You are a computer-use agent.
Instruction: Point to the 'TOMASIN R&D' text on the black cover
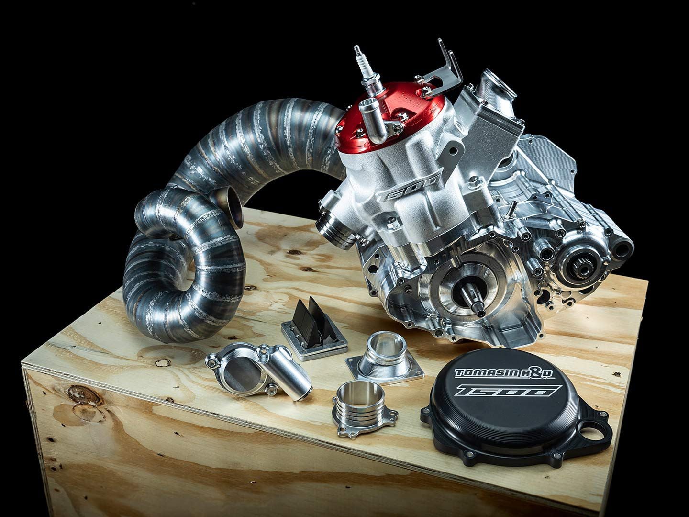tap(504, 373)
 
